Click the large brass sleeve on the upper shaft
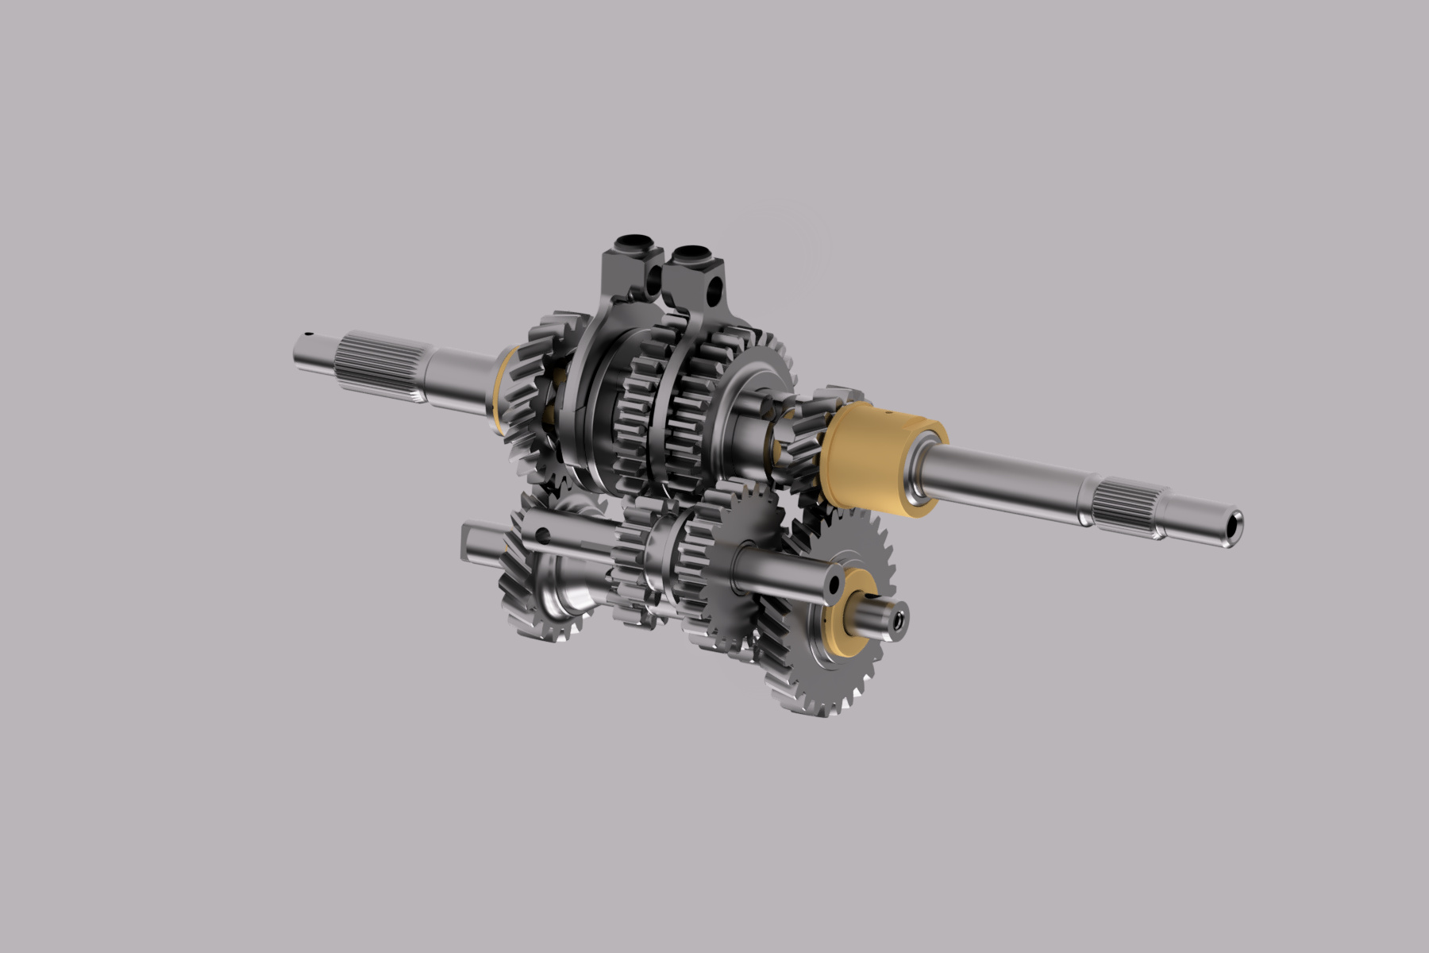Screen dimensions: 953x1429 tap(873, 457)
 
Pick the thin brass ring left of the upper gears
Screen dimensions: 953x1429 tap(500, 389)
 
